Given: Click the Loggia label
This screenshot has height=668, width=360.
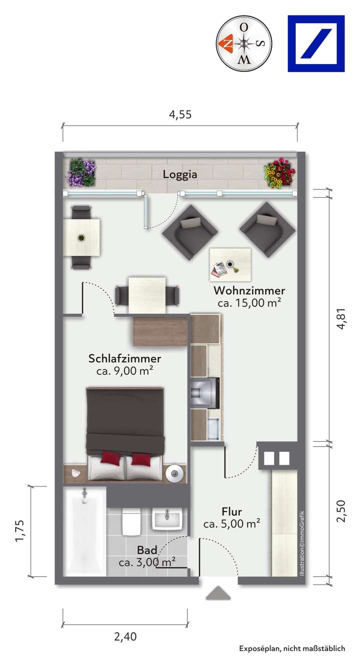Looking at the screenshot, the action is (179, 174).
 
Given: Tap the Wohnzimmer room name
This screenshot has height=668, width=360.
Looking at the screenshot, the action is (249, 290).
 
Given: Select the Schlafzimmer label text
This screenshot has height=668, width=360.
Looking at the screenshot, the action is (124, 358).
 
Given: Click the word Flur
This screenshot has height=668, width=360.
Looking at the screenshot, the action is (231, 512).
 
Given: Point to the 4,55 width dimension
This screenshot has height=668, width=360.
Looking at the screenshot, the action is (180, 114).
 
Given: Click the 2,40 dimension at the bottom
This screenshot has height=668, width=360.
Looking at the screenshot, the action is (125, 637).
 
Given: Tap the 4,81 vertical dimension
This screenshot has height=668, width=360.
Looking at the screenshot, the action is (341, 318).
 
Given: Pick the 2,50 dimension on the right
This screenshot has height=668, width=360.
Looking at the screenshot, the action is (341, 511).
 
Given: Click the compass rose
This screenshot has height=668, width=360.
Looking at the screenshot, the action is (244, 43).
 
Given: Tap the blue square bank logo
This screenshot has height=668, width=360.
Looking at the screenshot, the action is (316, 43).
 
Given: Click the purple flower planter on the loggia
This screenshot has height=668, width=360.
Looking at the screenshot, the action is (81, 172).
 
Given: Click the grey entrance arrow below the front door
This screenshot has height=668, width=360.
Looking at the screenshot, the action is (218, 592).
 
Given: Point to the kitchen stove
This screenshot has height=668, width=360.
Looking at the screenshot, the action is (205, 393).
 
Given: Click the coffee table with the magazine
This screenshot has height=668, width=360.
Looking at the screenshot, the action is (230, 264).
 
